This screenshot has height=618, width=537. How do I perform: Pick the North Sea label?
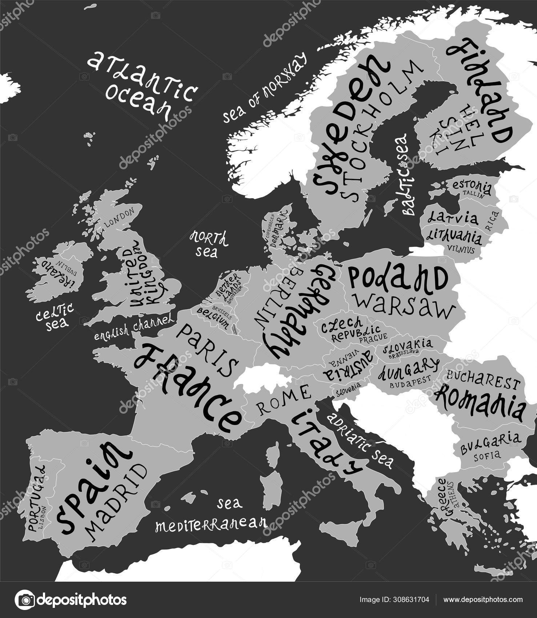pos(209,243)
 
